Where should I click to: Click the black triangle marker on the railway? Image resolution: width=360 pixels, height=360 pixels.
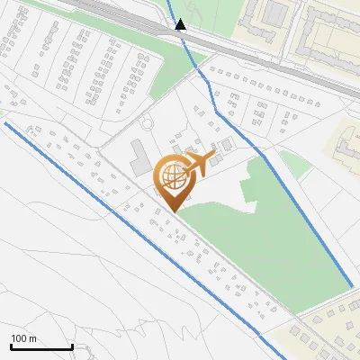[181, 24]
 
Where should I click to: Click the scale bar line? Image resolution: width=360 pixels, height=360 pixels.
[41, 346]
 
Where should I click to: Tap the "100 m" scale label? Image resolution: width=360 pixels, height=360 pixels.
[24, 338]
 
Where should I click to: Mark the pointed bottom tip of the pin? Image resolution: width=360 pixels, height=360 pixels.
[173, 211]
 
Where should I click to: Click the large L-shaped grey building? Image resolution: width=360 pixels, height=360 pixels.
[139, 157]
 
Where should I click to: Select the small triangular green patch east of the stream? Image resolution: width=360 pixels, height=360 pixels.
[293, 163]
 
